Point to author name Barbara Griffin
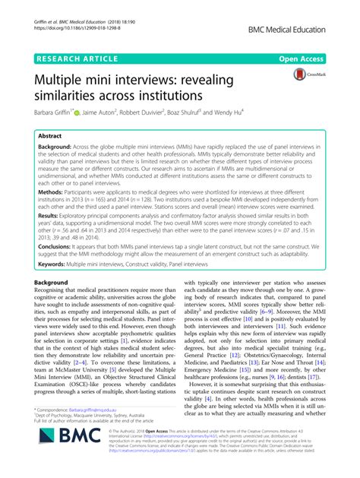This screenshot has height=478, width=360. pos(49,112)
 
